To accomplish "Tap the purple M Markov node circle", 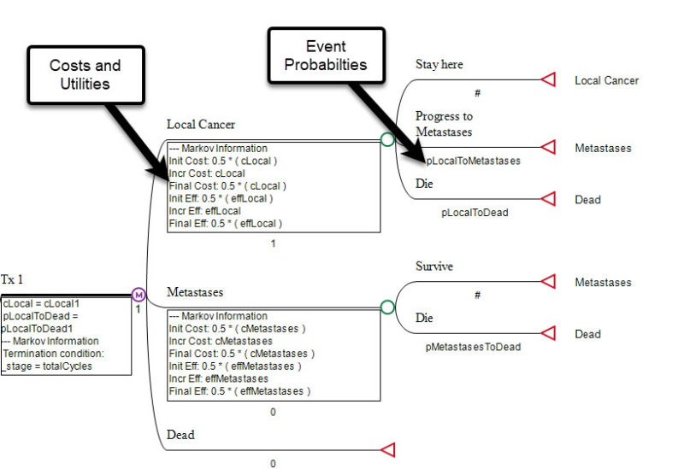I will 139,295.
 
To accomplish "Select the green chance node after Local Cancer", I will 387,139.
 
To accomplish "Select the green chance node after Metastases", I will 387,307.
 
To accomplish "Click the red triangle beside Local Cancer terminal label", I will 548,80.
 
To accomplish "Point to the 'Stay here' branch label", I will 439,64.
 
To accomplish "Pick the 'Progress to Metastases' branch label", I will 444,123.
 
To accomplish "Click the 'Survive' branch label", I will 434,267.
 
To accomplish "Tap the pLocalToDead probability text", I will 475,213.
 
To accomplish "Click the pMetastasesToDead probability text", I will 473,347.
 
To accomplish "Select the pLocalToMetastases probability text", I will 473,160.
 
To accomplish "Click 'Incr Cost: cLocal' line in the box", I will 208,173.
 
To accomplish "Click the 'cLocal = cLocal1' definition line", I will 40,303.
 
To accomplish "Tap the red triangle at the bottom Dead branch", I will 386,449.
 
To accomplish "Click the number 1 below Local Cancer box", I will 274,243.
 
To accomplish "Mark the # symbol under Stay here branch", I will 477,93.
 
